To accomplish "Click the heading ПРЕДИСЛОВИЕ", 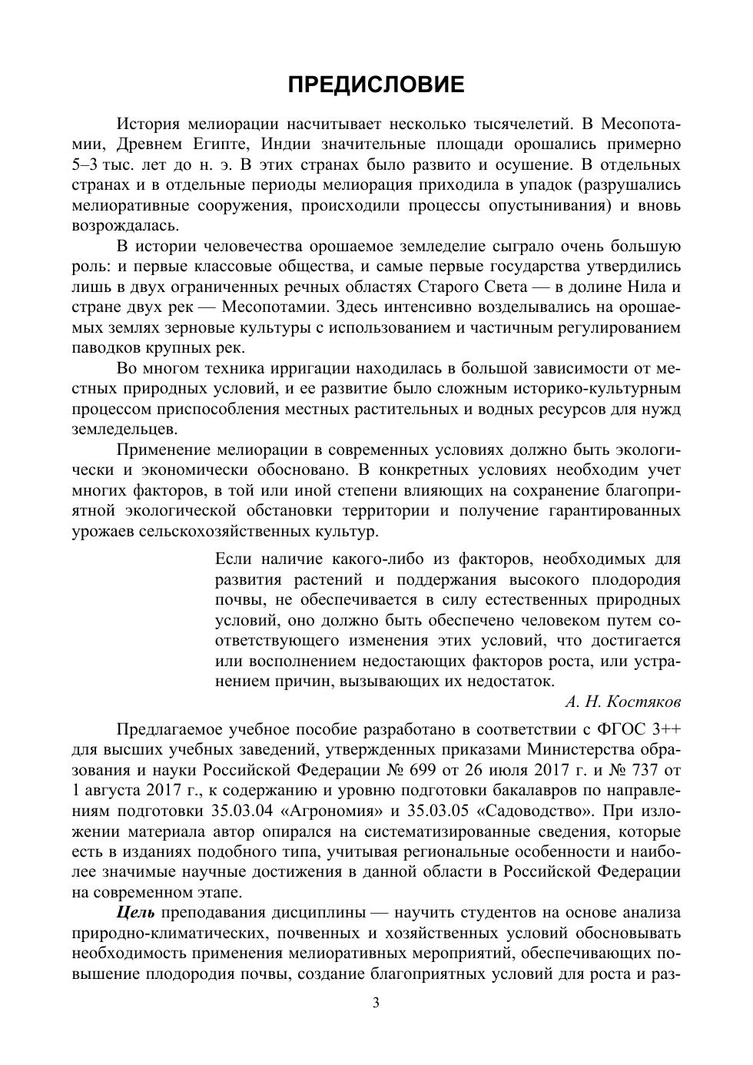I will tap(376, 85).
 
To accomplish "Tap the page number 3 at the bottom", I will tap(376, 1003).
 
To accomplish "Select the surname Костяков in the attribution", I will tap(643, 702).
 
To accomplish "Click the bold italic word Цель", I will tap(136, 913).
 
